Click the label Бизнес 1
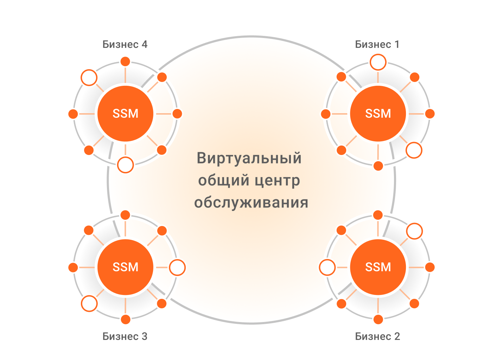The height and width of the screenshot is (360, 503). pyautogui.click(x=377, y=44)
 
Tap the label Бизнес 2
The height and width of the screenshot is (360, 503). pyautogui.click(x=377, y=336)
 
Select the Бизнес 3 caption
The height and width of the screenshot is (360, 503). pyautogui.click(x=125, y=336)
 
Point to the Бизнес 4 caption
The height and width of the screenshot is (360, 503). pyautogui.click(x=125, y=44)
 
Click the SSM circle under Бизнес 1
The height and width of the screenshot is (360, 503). pyautogui.click(x=378, y=114)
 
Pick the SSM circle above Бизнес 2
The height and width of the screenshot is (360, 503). pyautogui.click(x=378, y=267)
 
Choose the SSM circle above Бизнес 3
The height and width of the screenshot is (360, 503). pyautogui.click(x=125, y=267)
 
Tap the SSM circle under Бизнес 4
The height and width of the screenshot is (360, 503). pyautogui.click(x=125, y=114)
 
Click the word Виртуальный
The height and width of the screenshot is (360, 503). pyautogui.click(x=249, y=158)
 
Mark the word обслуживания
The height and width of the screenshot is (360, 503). pyautogui.click(x=251, y=203)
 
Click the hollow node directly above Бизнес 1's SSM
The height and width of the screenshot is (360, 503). pyautogui.click(x=378, y=63)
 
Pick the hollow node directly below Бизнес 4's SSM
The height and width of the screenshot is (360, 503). pyautogui.click(x=126, y=165)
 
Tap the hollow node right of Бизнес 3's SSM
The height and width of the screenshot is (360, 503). pyautogui.click(x=177, y=268)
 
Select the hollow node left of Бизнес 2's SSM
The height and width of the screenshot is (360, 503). pyautogui.click(x=327, y=268)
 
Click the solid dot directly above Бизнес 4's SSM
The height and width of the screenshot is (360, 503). pyautogui.click(x=125, y=62)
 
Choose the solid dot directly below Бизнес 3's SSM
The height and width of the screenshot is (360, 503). pyautogui.click(x=126, y=319)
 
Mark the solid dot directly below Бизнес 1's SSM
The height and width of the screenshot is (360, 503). pyautogui.click(x=378, y=166)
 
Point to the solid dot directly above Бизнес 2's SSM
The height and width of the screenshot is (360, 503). pyautogui.click(x=378, y=215)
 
